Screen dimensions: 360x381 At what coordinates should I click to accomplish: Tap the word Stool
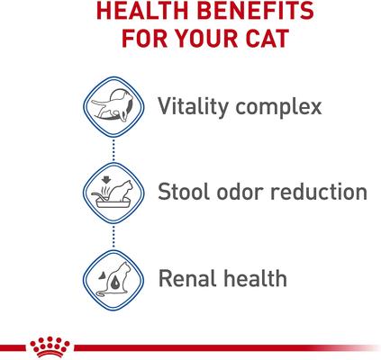point(184,193)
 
